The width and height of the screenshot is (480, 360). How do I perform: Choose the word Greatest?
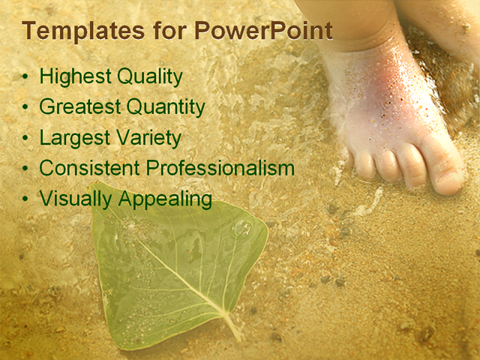click(x=79, y=107)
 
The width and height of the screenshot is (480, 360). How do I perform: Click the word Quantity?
click(x=166, y=108)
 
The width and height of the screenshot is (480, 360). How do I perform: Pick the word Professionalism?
click(x=220, y=169)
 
